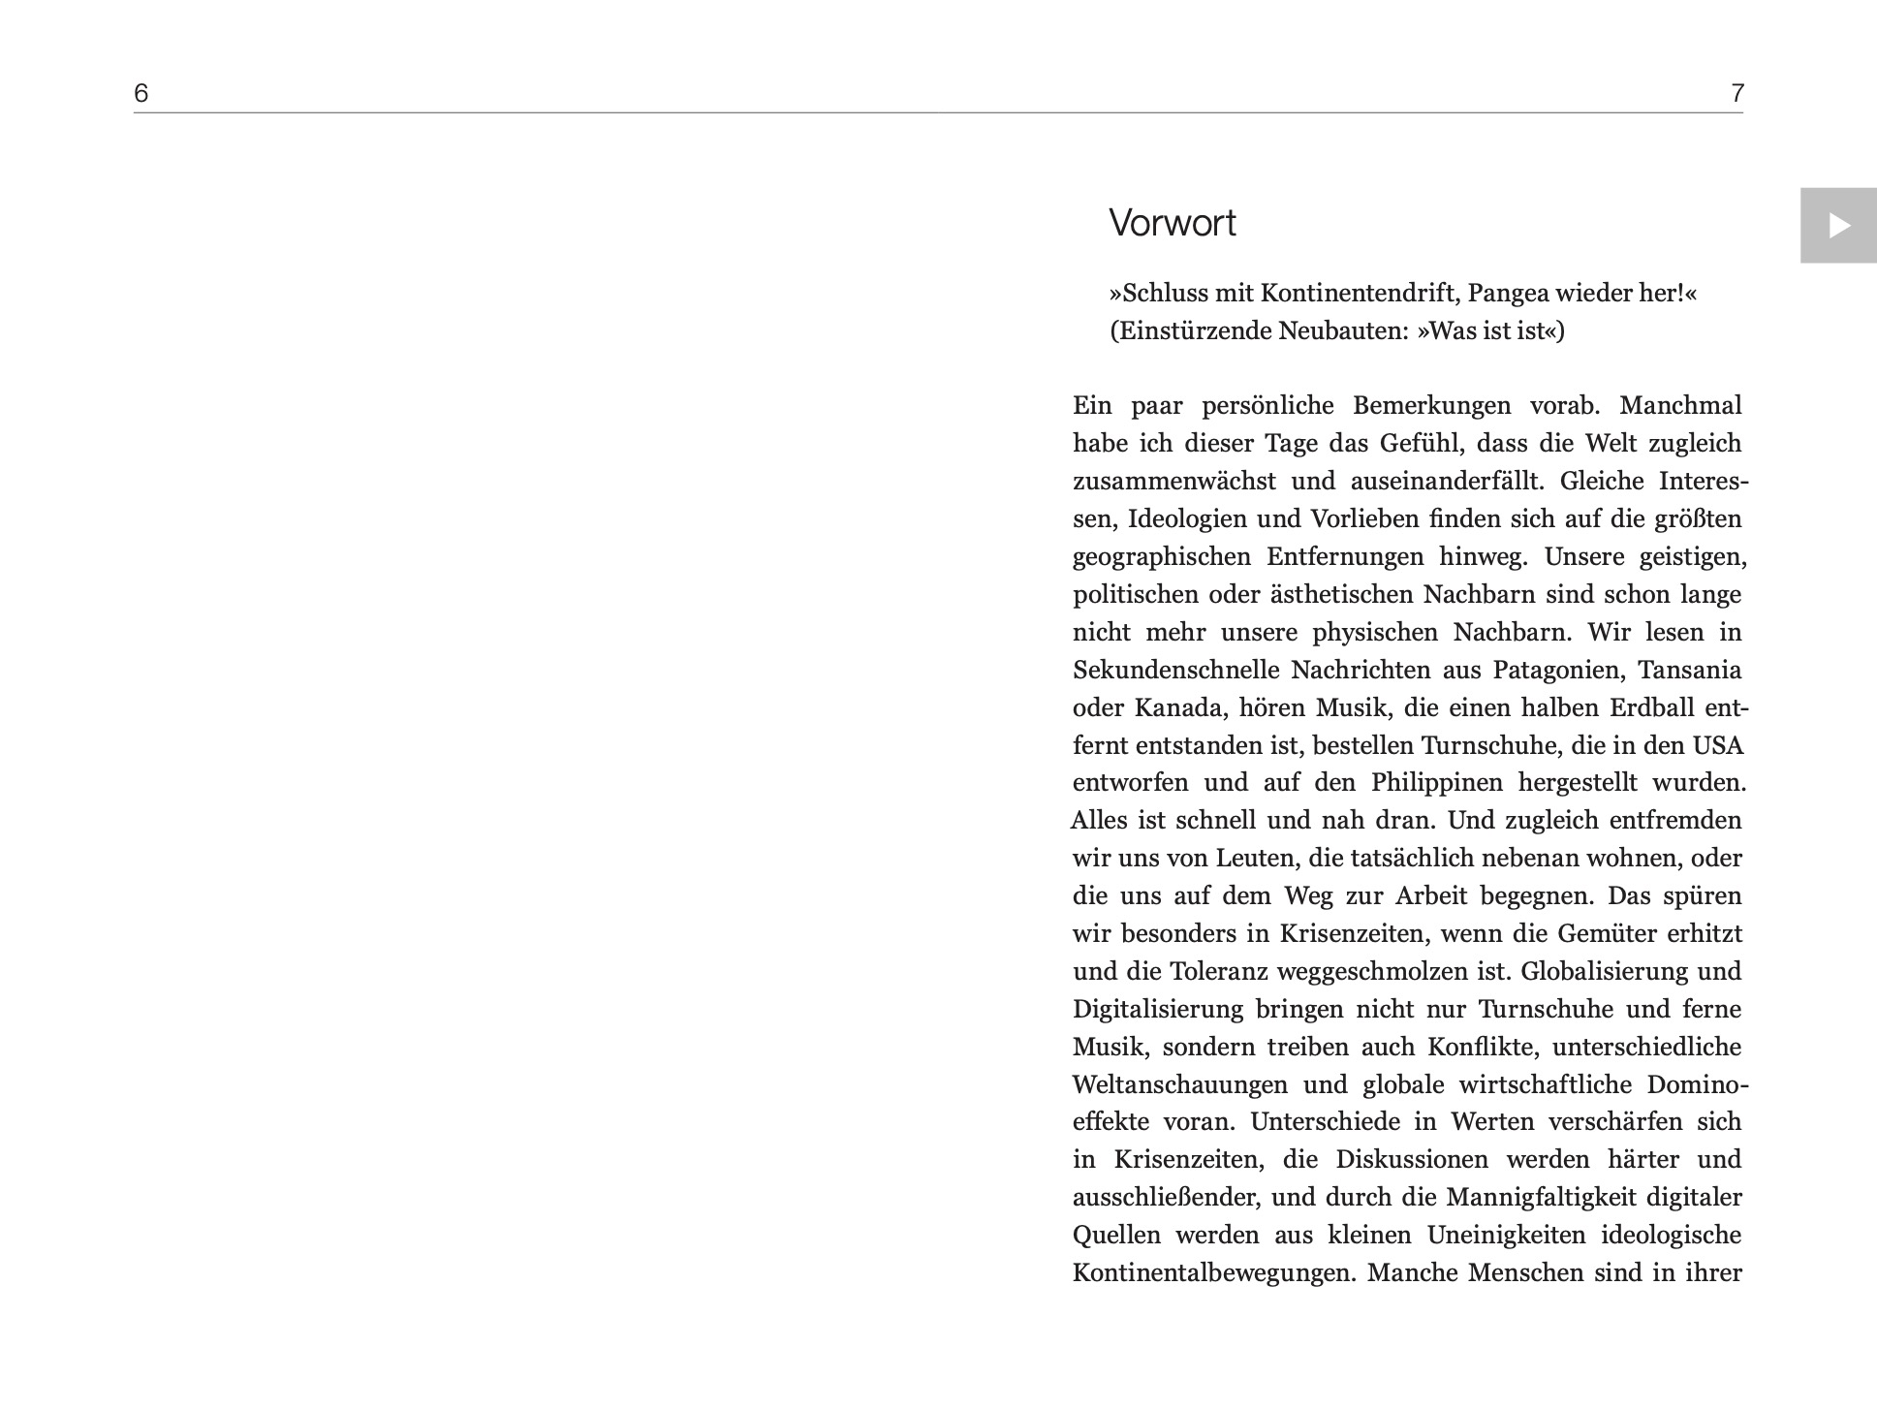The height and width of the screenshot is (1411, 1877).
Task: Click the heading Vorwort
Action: [1172, 224]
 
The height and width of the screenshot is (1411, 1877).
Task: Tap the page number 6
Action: [141, 93]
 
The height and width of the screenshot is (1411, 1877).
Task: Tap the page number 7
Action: [1736, 93]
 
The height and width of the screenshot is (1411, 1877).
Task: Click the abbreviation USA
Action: [1717, 745]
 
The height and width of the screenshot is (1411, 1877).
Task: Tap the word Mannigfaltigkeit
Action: [1543, 1197]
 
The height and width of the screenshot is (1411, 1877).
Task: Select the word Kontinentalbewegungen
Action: [1212, 1272]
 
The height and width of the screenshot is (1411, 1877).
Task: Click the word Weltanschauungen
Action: [1179, 1084]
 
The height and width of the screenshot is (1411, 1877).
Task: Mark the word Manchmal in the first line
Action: [1680, 405]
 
